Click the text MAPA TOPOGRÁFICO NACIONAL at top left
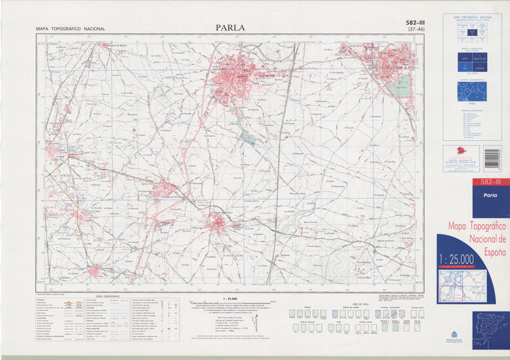click(71, 29)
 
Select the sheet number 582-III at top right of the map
click(416, 24)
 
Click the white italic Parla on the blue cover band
click(472, 196)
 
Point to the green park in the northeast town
click(399, 85)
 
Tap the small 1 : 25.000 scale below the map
click(229, 298)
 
